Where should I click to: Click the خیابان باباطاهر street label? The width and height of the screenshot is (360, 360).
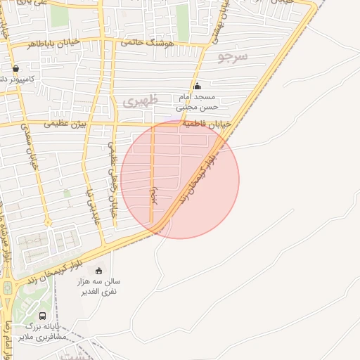(x=53, y=43)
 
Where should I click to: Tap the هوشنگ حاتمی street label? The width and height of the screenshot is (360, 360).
(x=147, y=43)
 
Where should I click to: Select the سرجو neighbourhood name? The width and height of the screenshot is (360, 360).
(x=233, y=56)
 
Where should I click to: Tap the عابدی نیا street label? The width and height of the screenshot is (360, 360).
(x=89, y=204)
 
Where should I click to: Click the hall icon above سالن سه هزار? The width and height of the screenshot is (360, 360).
(x=98, y=271)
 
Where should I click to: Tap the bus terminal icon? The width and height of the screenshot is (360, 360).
(x=43, y=316)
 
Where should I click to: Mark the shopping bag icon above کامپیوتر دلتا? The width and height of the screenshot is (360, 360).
(x=15, y=69)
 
